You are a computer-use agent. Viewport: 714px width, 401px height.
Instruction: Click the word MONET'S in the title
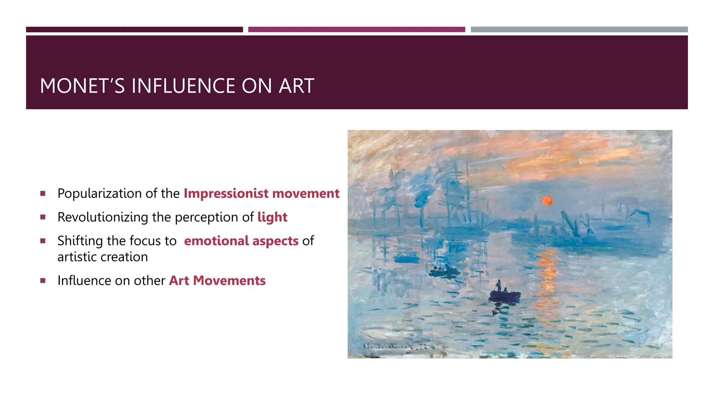coord(82,86)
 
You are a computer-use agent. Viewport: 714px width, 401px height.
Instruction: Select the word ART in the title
coord(296,86)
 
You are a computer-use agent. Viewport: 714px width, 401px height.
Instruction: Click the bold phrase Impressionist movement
coord(261,194)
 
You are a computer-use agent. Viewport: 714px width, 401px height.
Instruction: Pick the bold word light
coord(272,217)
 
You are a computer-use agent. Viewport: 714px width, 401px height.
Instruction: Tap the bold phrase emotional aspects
coord(241,241)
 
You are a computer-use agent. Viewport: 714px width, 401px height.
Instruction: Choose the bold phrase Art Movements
coord(217,281)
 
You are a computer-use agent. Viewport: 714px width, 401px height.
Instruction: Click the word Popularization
coord(99,194)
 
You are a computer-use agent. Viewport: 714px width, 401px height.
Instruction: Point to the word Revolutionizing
coord(103,217)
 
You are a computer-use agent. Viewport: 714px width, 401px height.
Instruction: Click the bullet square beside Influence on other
coord(43,281)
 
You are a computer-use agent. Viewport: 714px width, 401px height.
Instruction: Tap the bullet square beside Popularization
coord(43,194)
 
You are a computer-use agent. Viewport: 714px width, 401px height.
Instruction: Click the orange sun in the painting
coord(547,200)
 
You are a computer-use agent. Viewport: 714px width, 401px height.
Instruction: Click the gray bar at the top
coord(579,30)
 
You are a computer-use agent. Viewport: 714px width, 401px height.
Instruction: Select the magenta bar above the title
coord(356,30)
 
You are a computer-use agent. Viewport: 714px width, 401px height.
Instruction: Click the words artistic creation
coord(102,257)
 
